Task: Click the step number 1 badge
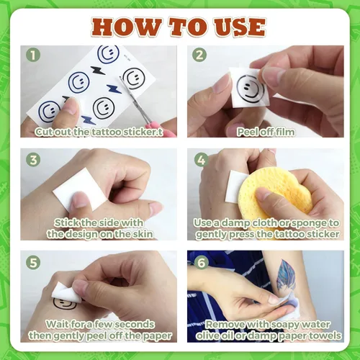click(33, 55)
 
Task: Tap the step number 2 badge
click(199, 55)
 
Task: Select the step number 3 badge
click(33, 160)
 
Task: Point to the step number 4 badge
click(201, 160)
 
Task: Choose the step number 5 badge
click(33, 262)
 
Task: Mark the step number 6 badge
click(201, 262)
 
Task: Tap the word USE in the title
click(240, 27)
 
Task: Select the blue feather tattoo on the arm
click(286, 275)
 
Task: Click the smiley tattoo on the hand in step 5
click(63, 304)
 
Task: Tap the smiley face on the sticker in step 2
click(250, 89)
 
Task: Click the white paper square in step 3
click(80, 189)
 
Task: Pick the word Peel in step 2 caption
click(246, 132)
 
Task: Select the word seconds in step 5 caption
click(136, 324)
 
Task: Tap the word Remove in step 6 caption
click(225, 324)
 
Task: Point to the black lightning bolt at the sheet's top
click(98, 70)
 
